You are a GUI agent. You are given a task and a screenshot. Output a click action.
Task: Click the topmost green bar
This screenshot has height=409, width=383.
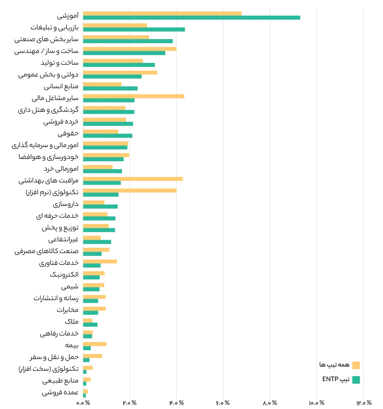coord(191,18)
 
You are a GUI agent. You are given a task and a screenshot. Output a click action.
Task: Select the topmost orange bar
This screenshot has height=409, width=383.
coord(162,13)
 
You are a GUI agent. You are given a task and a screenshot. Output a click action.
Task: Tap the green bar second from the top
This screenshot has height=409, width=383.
coord(134,30)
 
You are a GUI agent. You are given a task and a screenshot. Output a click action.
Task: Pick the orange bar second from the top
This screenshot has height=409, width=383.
coord(115,25)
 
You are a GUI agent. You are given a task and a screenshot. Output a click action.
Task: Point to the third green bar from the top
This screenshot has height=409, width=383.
coord(128,42)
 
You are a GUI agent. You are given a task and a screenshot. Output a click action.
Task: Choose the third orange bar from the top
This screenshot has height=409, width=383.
coord(116,37)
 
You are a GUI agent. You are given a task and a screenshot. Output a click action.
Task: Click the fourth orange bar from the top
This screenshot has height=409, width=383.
coord(130,49)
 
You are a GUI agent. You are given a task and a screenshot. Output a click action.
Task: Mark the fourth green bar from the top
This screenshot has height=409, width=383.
coord(124,54)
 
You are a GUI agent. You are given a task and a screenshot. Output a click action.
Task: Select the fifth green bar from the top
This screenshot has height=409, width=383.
coord(119,65)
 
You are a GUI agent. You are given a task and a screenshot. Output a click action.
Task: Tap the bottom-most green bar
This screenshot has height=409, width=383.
coord(85,396)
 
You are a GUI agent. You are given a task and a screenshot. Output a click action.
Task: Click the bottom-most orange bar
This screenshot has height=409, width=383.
coord(86,391)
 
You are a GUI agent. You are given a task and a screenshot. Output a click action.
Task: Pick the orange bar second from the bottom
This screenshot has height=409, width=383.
coord(87,379)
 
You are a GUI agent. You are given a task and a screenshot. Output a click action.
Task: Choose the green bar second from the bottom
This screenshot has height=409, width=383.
coord(85,384)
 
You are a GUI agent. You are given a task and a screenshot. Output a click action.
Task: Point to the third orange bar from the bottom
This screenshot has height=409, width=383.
coord(89,367)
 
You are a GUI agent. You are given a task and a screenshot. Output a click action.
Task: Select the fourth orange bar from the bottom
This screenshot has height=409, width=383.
coord(93,356)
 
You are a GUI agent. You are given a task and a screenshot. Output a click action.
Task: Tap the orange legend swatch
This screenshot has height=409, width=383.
coord(356,365)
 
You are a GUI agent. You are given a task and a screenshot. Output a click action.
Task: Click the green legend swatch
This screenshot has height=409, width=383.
coord(356,380)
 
